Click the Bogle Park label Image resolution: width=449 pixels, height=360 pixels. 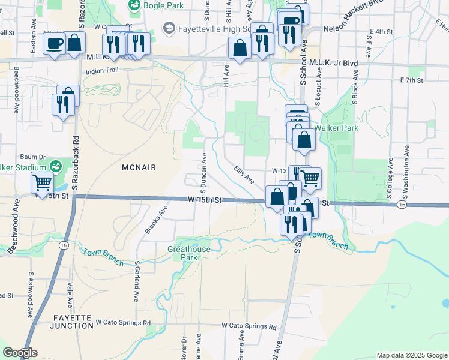tap(159, 5)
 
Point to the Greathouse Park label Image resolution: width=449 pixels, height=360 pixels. tap(189, 253)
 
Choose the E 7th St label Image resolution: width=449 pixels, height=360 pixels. tap(411, 80)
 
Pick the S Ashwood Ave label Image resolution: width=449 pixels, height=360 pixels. tap(29, 294)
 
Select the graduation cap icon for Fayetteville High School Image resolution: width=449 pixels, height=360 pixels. tap(169, 28)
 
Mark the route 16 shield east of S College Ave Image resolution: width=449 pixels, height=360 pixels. tap(400, 205)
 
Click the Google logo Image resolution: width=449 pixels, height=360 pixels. tap(20, 353)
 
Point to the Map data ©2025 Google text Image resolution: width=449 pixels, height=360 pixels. tap(411, 355)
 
